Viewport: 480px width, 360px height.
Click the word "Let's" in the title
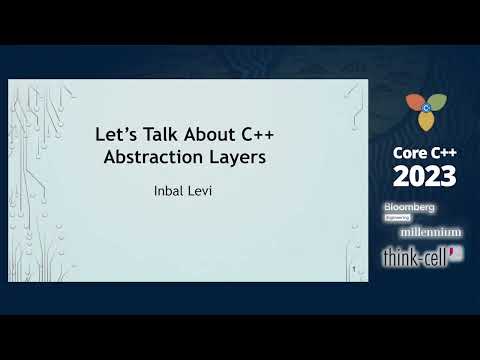(x=114, y=133)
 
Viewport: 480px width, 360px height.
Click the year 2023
(x=424, y=177)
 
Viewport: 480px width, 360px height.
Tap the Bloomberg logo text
(x=409, y=207)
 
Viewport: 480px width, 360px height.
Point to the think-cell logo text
(x=415, y=256)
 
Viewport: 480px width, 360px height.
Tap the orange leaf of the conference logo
(x=413, y=103)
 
